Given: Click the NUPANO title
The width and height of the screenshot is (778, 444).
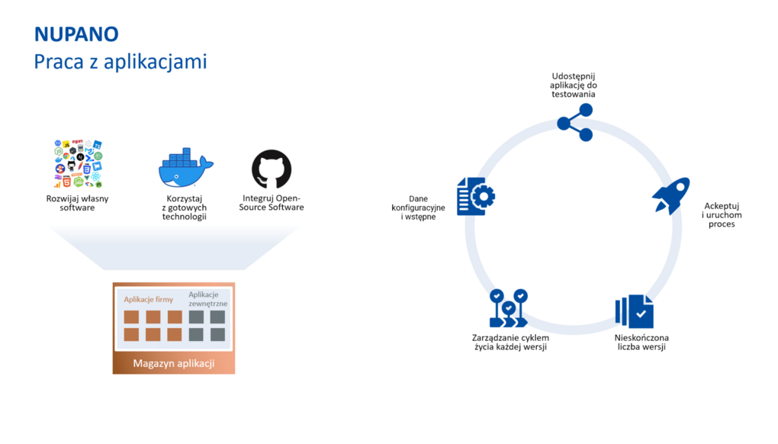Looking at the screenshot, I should [76, 34].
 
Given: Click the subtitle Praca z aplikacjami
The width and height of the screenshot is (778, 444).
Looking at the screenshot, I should [120, 62].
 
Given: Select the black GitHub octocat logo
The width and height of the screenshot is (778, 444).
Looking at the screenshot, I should [272, 169].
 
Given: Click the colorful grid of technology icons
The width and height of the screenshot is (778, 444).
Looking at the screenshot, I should [77, 163].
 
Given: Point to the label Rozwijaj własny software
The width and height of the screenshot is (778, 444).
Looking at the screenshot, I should [77, 204].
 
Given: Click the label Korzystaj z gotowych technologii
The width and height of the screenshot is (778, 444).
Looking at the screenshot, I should [185, 208].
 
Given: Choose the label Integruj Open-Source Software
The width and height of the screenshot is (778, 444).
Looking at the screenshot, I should [272, 204].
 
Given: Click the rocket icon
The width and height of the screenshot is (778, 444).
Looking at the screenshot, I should [670, 196].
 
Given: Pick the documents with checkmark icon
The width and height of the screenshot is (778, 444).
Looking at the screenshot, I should [634, 311].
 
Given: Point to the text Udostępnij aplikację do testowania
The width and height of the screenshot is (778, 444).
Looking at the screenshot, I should [574, 85].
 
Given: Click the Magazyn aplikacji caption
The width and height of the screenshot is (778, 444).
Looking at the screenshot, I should [174, 363].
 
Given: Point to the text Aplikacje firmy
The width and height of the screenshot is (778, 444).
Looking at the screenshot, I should [149, 300].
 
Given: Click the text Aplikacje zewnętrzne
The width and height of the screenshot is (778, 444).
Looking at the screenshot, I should [207, 298].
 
